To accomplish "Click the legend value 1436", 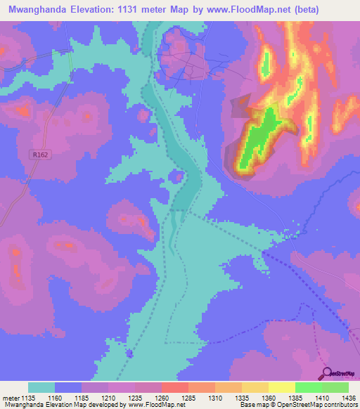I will pos(347,398).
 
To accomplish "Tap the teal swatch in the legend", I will pos(41,387).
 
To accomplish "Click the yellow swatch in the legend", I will pos(282,387).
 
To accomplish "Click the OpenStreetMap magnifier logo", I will pos(326,372).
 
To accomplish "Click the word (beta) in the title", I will pos(286,10).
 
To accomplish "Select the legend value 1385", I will pos(296,398).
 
